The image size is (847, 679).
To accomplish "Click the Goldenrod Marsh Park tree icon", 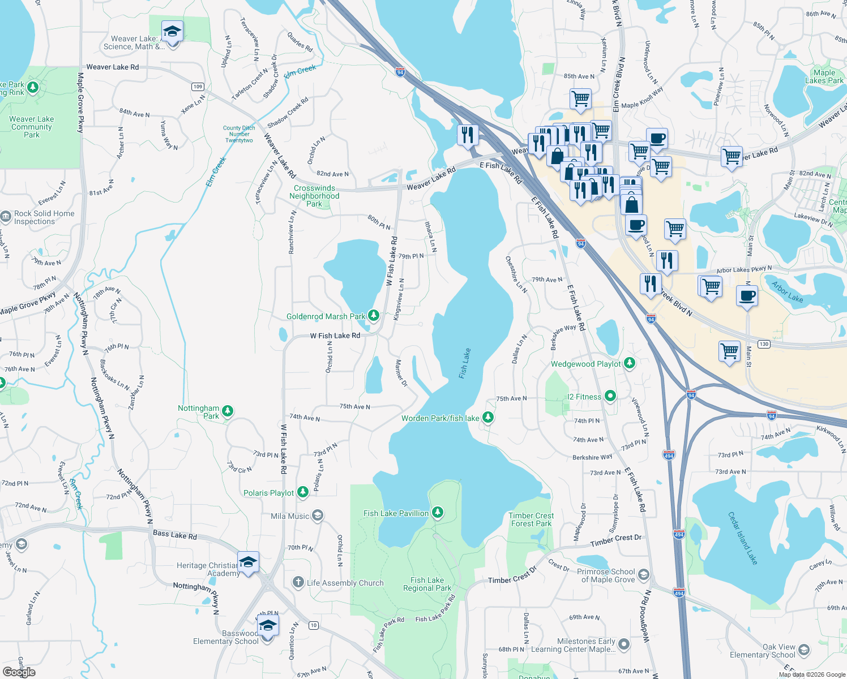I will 373,315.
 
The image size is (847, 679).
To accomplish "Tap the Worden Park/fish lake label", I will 440,418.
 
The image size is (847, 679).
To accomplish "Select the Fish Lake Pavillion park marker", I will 437,513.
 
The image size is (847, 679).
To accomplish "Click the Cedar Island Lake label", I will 742,538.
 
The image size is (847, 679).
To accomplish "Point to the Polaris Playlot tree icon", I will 303,492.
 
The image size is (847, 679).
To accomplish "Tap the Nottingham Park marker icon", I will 228,411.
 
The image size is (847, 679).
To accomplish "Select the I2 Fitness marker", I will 610,396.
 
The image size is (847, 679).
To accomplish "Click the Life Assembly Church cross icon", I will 298,582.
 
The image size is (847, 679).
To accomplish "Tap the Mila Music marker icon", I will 318,515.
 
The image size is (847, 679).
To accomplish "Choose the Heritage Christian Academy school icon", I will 248,562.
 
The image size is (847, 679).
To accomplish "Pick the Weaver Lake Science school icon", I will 172,32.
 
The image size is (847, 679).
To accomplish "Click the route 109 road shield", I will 198,87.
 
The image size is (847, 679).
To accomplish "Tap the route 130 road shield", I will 764,344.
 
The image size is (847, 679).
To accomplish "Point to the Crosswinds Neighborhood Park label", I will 314,196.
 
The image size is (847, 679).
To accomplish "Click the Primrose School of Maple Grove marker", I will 643,575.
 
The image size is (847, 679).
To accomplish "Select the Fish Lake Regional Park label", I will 427,584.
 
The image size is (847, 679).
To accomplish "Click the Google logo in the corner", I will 19,672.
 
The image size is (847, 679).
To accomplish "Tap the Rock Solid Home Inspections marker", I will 6,217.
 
